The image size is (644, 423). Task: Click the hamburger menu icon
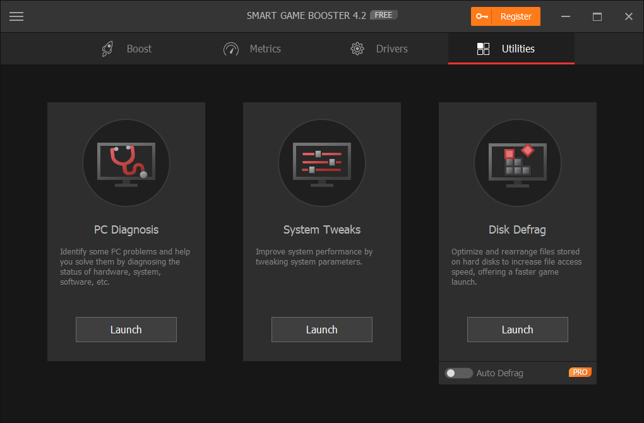click(x=16, y=16)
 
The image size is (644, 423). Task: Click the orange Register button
click(x=505, y=16)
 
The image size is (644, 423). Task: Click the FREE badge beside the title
click(x=383, y=15)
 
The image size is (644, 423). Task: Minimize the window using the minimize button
click(x=565, y=16)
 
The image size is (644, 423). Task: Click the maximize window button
click(x=597, y=16)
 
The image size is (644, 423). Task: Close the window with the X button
click(x=628, y=16)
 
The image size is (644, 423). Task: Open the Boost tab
click(x=127, y=49)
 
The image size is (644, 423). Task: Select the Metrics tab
click(x=253, y=49)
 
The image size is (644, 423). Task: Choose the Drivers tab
click(x=379, y=49)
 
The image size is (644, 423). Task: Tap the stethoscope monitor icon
click(x=126, y=163)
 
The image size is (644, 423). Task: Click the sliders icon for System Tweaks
click(x=322, y=163)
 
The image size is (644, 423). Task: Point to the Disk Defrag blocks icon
click(x=518, y=163)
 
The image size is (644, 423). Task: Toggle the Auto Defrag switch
click(x=458, y=373)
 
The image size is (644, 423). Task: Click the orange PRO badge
click(x=580, y=372)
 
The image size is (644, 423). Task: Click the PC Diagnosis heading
click(x=126, y=230)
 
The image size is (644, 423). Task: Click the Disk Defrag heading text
click(x=517, y=230)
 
